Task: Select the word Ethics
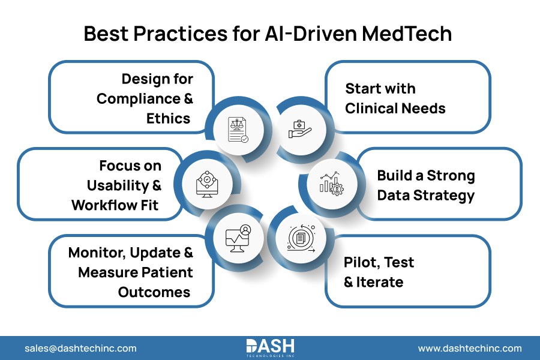168,118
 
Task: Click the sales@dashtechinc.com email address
80,348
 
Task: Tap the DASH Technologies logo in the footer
270,347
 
